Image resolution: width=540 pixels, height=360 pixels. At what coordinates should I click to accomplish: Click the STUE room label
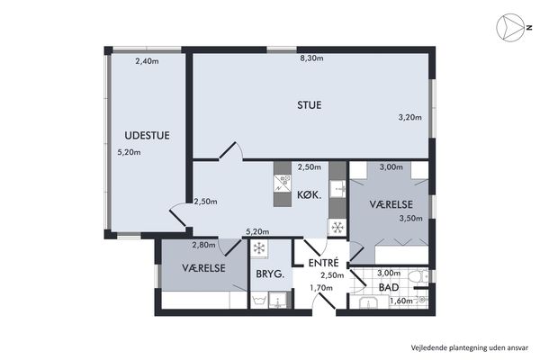click(310, 105)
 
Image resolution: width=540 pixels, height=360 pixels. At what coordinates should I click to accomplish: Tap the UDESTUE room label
click(147, 135)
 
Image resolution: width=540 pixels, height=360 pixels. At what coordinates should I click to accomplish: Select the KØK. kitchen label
click(310, 195)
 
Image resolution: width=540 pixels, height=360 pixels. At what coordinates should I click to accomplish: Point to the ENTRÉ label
click(324, 263)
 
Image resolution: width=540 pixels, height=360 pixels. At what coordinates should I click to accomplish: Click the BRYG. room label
click(270, 274)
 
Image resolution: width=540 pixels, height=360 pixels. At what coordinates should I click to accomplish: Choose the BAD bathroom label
click(389, 287)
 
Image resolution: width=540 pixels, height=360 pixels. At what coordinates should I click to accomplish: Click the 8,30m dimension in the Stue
click(311, 58)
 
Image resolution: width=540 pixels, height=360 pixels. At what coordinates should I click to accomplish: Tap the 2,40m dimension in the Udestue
click(147, 61)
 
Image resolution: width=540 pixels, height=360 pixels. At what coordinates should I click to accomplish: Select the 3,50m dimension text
click(411, 219)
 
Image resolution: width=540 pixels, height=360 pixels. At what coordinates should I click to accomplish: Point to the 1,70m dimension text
click(321, 288)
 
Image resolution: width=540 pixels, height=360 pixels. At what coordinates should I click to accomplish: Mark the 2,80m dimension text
click(204, 246)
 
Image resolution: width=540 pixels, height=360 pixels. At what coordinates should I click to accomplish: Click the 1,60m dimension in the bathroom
click(401, 301)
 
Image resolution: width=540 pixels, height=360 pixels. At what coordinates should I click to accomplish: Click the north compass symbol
click(510, 28)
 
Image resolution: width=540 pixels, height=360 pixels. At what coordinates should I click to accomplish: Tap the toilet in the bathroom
click(418, 276)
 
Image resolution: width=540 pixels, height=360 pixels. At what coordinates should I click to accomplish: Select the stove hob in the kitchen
click(283, 184)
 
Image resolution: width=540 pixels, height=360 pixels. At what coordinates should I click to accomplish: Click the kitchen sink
click(337, 189)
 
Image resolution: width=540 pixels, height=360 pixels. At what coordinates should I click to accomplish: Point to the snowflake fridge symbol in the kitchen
click(337, 228)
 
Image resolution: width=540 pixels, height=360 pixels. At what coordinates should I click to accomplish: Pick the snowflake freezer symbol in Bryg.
click(259, 248)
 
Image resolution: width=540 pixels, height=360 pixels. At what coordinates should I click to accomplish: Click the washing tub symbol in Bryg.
click(259, 300)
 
